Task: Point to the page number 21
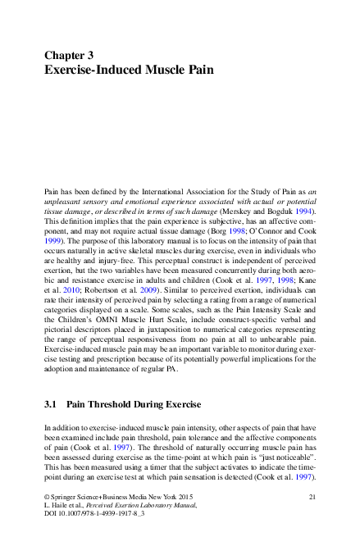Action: point(312,498)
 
